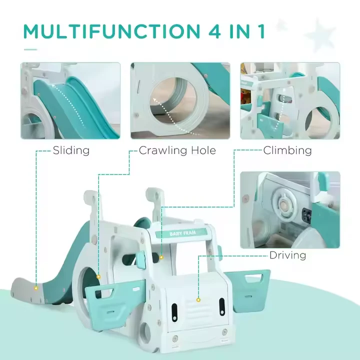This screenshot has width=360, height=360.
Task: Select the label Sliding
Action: [71, 150]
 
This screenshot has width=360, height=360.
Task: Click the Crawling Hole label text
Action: [177, 150]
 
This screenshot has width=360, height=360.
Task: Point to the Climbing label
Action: [287, 150]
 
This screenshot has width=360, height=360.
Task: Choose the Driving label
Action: [287, 255]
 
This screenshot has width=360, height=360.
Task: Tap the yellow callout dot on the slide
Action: [36, 288]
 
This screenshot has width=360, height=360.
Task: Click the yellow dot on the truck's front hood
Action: [198, 300]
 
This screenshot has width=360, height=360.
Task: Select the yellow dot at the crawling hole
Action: [98, 277]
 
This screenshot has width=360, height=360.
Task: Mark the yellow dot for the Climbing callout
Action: [161, 257]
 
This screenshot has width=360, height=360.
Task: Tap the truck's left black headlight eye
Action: [174, 312]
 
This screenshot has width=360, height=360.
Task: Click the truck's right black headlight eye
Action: [222, 306]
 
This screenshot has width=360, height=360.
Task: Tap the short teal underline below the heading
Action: [30, 49]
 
